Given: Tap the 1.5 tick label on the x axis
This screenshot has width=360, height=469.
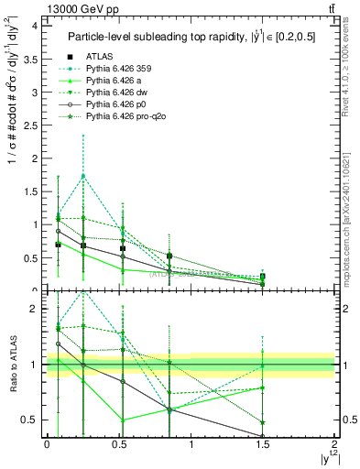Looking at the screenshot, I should coord(263,446).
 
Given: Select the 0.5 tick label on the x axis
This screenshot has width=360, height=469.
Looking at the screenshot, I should coord(119,446).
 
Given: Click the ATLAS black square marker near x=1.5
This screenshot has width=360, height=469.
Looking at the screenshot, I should coord(263,276).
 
